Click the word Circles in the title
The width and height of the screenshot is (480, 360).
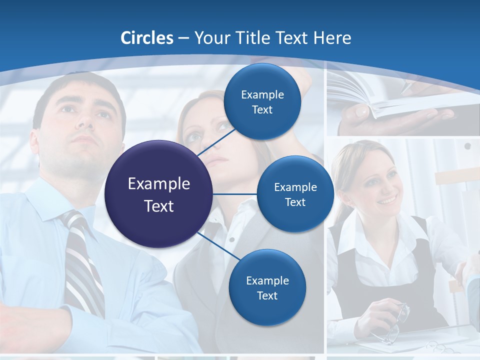(146, 38)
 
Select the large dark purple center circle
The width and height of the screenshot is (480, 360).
(158, 194)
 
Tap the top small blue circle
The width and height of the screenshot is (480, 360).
(262, 101)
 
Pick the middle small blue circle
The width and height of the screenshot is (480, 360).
(295, 194)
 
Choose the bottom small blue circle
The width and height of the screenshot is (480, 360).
(267, 287)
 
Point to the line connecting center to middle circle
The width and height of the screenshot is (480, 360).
(235, 194)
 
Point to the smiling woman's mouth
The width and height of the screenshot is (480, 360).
(386, 201)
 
